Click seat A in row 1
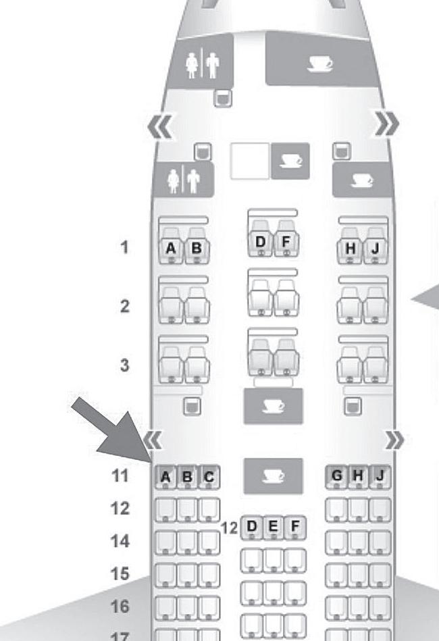click(x=171, y=249)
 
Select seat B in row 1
click(x=196, y=249)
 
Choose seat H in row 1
click(x=351, y=249)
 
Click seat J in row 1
click(x=376, y=249)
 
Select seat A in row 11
click(x=165, y=478)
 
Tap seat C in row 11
click(x=209, y=478)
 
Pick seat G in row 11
click(x=336, y=477)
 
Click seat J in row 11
click(x=380, y=477)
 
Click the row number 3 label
click(x=124, y=365)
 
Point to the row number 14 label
click(x=120, y=541)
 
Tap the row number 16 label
click(x=120, y=607)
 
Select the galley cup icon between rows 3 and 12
click(x=273, y=406)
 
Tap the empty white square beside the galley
click(x=249, y=161)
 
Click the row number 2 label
click(x=124, y=306)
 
